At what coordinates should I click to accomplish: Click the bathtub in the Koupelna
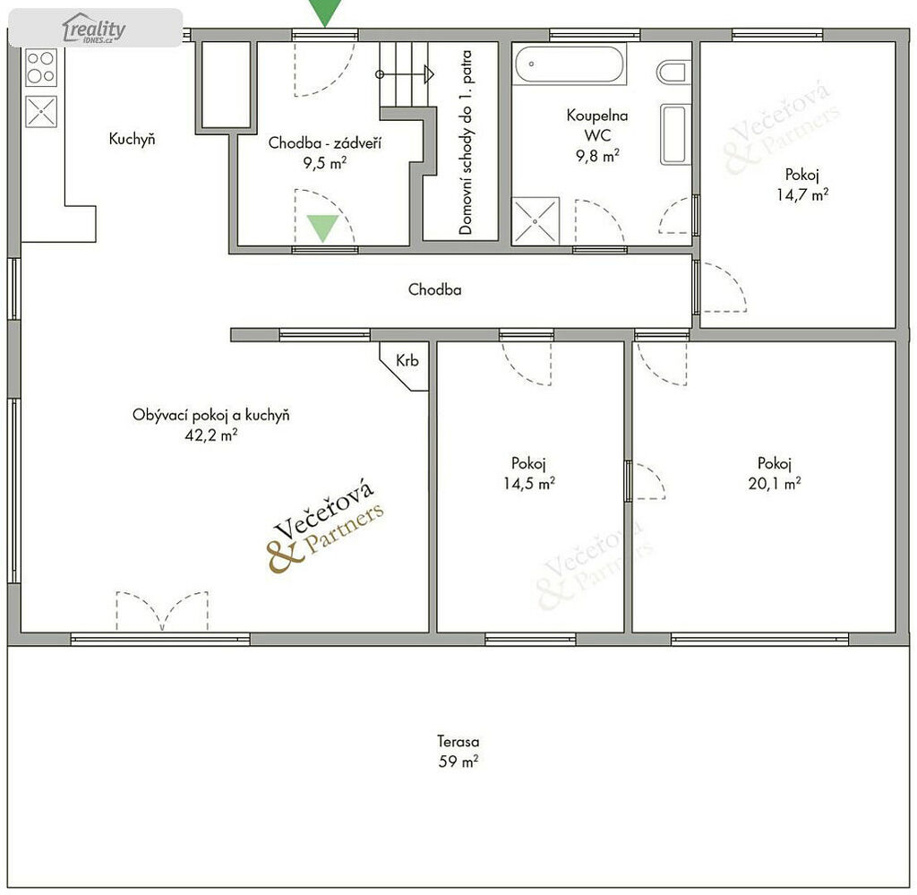coord(569,64)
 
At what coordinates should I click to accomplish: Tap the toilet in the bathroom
coord(673,73)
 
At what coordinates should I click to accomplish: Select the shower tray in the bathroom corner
coord(536,220)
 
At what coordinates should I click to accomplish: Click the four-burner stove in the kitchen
coord(41,67)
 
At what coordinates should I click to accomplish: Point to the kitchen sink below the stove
coord(41,111)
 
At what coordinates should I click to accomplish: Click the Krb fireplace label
coord(407,360)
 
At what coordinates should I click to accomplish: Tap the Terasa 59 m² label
coord(458,751)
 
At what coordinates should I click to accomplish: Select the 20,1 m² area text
coord(775,483)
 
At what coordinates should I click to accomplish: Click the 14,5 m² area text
coord(528,483)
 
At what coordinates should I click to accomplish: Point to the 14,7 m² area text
coord(801,194)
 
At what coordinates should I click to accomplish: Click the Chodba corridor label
coord(434,289)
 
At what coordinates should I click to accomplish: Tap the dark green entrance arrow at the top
coord(325,12)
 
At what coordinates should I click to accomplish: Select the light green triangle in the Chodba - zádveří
coord(322,227)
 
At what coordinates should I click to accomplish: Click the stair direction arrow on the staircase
coord(405,74)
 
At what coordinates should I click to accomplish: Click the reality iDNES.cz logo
coord(94,28)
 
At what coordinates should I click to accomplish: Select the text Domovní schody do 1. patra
coord(466,142)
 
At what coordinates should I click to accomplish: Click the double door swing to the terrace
coord(162,610)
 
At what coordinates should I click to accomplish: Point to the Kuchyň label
coord(133,139)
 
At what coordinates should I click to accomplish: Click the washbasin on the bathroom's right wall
coord(674,134)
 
